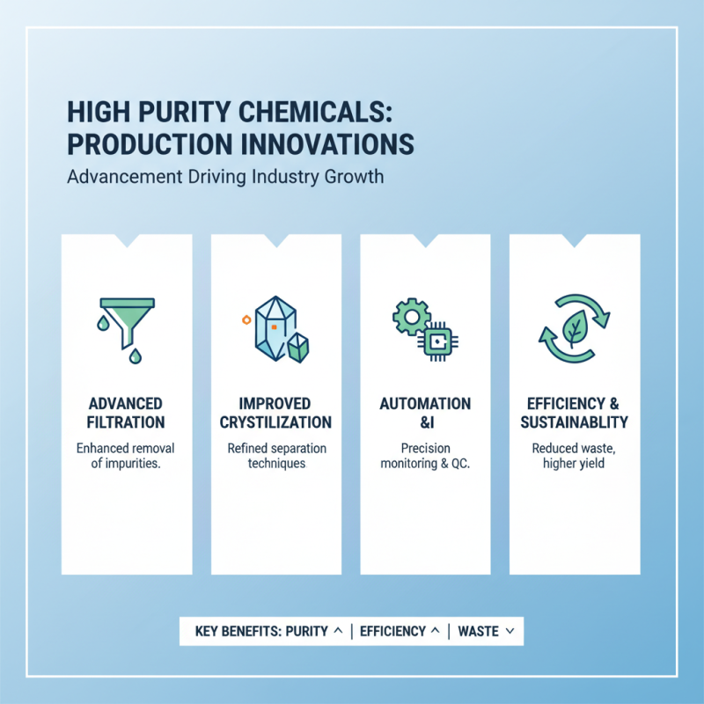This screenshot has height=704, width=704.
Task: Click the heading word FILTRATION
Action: (x=126, y=422)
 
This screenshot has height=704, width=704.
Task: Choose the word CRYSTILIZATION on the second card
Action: (x=275, y=422)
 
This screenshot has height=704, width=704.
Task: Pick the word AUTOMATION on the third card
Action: (x=425, y=404)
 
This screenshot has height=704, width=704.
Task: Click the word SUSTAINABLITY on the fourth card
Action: (x=575, y=422)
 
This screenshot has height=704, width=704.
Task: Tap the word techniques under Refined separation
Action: (x=276, y=464)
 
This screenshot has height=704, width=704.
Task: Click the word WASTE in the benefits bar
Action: (x=479, y=631)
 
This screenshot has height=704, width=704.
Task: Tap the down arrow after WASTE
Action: (x=510, y=631)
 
